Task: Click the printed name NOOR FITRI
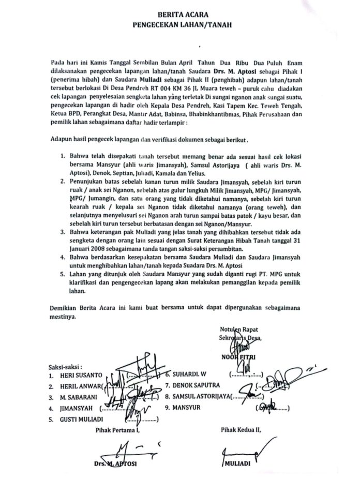click(x=239, y=357)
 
